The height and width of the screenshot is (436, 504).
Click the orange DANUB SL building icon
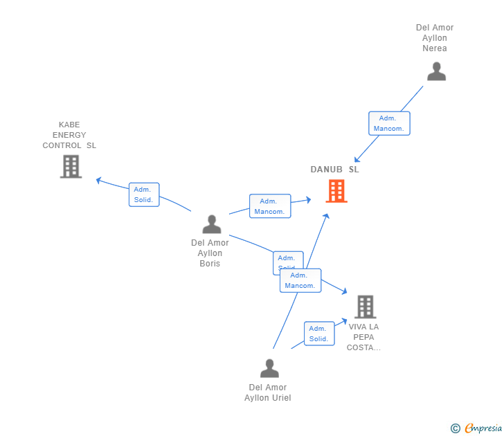point(336,191)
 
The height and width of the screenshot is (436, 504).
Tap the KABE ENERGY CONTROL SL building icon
point(71,166)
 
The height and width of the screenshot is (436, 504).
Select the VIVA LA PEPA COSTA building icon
point(365,307)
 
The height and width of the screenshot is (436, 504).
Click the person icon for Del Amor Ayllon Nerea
point(436,71)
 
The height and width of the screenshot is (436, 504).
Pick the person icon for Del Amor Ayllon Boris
point(211,224)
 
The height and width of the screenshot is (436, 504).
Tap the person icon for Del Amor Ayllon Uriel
point(269,368)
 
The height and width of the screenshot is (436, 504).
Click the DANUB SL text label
point(335,170)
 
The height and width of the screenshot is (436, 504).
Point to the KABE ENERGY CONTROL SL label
point(69,135)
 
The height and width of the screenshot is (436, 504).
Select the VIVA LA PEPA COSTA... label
point(363,337)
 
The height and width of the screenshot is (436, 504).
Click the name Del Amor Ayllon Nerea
point(435,38)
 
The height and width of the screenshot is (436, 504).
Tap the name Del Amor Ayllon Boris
point(210,253)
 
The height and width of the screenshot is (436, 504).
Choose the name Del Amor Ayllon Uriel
point(267,392)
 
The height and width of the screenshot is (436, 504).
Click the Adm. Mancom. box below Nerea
point(389,123)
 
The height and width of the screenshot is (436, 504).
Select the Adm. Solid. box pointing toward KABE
point(144,194)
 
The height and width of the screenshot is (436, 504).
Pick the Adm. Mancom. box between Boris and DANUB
point(270,206)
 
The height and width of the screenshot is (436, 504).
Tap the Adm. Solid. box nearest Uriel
point(318,334)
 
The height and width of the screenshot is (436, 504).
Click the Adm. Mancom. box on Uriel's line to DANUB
point(300,280)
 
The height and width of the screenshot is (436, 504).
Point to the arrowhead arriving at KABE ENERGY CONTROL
point(99,181)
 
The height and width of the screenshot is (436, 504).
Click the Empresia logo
point(483,428)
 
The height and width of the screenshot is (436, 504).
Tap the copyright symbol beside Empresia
point(456,428)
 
